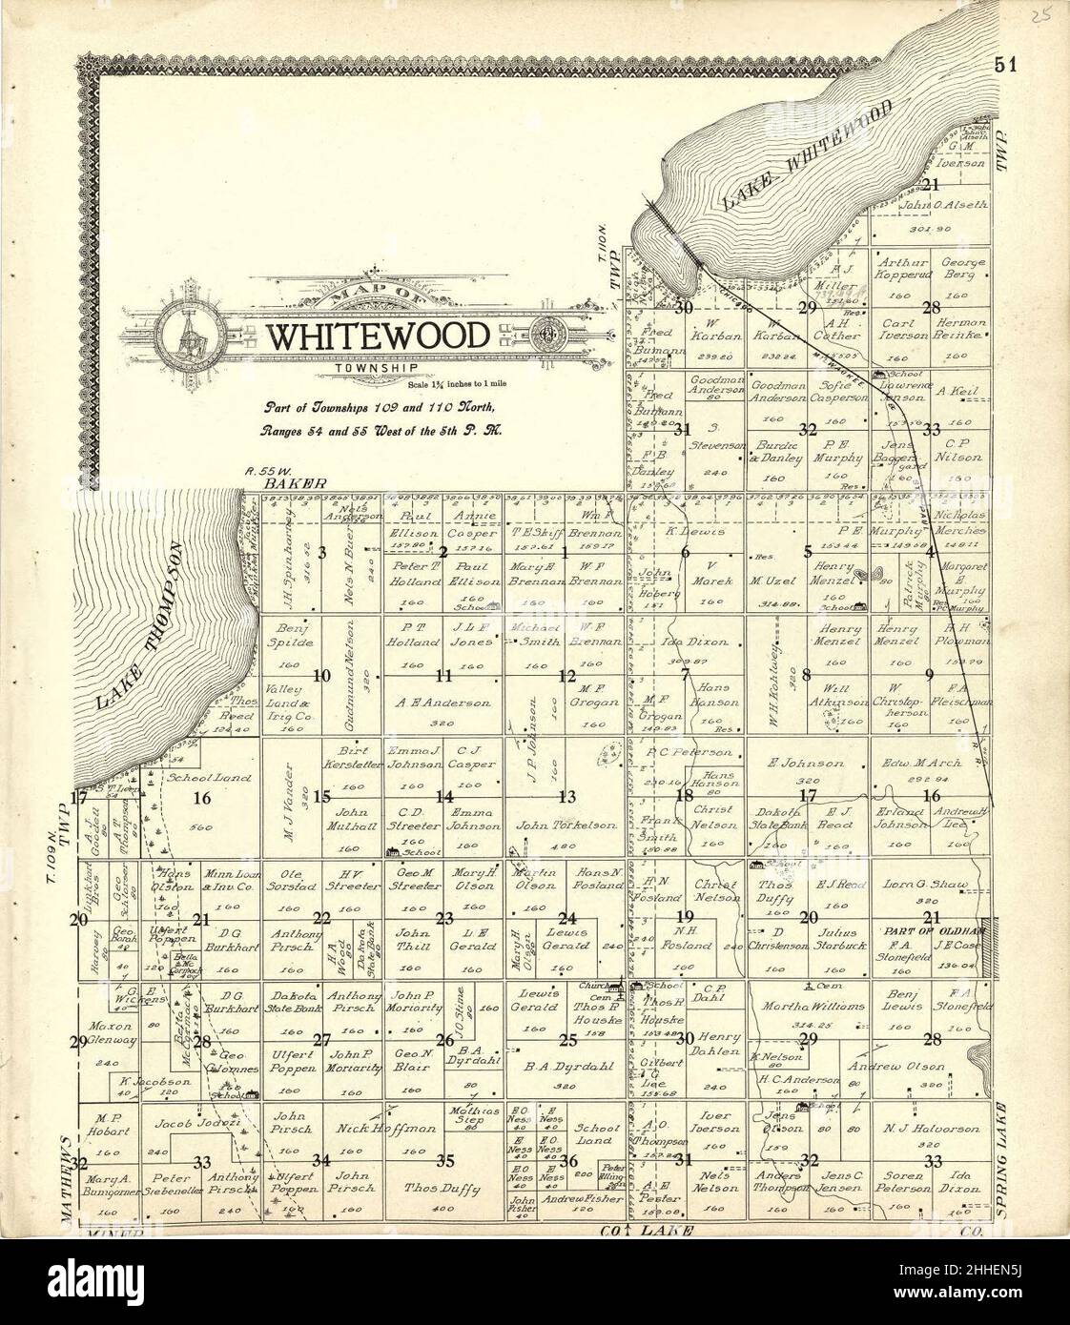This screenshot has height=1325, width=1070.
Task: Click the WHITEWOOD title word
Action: click(x=380, y=336)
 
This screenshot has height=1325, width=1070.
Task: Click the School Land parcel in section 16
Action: click(x=197, y=778)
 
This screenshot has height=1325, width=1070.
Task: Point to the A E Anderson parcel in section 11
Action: click(x=443, y=703)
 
